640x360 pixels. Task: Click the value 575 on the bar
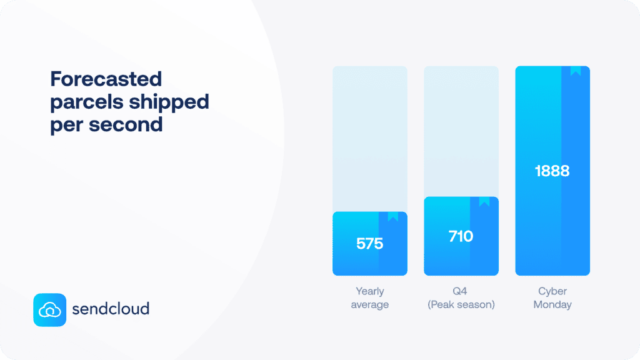pyautogui.click(x=369, y=244)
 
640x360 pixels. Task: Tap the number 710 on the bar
pyautogui.click(x=461, y=236)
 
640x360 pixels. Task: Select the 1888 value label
pyautogui.click(x=552, y=171)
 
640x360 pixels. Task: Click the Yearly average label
pyautogui.click(x=369, y=297)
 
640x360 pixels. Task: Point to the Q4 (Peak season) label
pyautogui.click(x=461, y=297)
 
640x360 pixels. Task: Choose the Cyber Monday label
pyautogui.click(x=552, y=297)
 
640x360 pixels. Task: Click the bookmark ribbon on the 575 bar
pyautogui.click(x=393, y=217)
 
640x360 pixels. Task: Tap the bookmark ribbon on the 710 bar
pyautogui.click(x=484, y=202)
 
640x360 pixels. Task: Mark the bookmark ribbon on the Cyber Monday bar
pyautogui.click(x=576, y=71)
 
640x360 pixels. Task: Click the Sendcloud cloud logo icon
pyautogui.click(x=49, y=309)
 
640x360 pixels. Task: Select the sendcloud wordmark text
pyautogui.click(x=111, y=309)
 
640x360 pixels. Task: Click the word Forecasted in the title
pyautogui.click(x=106, y=79)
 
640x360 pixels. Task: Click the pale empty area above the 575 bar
pyautogui.click(x=369, y=137)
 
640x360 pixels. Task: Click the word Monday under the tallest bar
pyautogui.click(x=552, y=304)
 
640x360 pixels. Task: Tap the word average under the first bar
pyautogui.click(x=369, y=304)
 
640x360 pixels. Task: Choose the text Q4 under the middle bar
pyautogui.click(x=461, y=291)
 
